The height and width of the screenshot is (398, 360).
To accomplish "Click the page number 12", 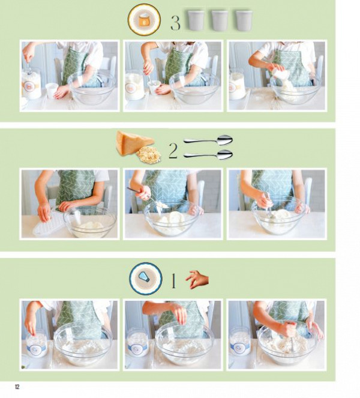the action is tap(17, 387).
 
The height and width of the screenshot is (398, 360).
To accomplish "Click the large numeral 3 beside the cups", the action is tap(175, 23).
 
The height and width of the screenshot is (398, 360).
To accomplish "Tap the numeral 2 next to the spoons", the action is tap(173, 151).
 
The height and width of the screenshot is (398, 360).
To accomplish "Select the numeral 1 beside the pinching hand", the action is tap(173, 281).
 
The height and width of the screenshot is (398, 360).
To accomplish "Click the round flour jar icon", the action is tap(144, 20).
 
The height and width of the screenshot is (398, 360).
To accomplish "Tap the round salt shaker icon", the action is tap(145, 279).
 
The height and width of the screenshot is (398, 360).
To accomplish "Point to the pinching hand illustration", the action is tap(197, 280).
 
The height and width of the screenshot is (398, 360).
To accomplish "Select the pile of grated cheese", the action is tap(149, 155).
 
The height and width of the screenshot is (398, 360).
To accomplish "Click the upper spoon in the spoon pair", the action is tap(208, 140).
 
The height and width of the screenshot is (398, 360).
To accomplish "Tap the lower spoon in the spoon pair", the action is tap(208, 155).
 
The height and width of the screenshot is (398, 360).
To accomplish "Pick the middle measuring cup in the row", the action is tap(220, 20).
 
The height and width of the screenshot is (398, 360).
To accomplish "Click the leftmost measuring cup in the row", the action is tap(196, 20).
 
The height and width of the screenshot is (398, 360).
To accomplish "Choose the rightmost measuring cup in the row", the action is tap(244, 20).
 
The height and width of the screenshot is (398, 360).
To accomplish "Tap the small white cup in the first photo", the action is tap(52, 91).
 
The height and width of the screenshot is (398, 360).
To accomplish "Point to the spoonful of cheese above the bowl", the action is tap(161, 204).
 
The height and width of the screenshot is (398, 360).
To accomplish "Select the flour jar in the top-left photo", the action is tap(32, 85).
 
